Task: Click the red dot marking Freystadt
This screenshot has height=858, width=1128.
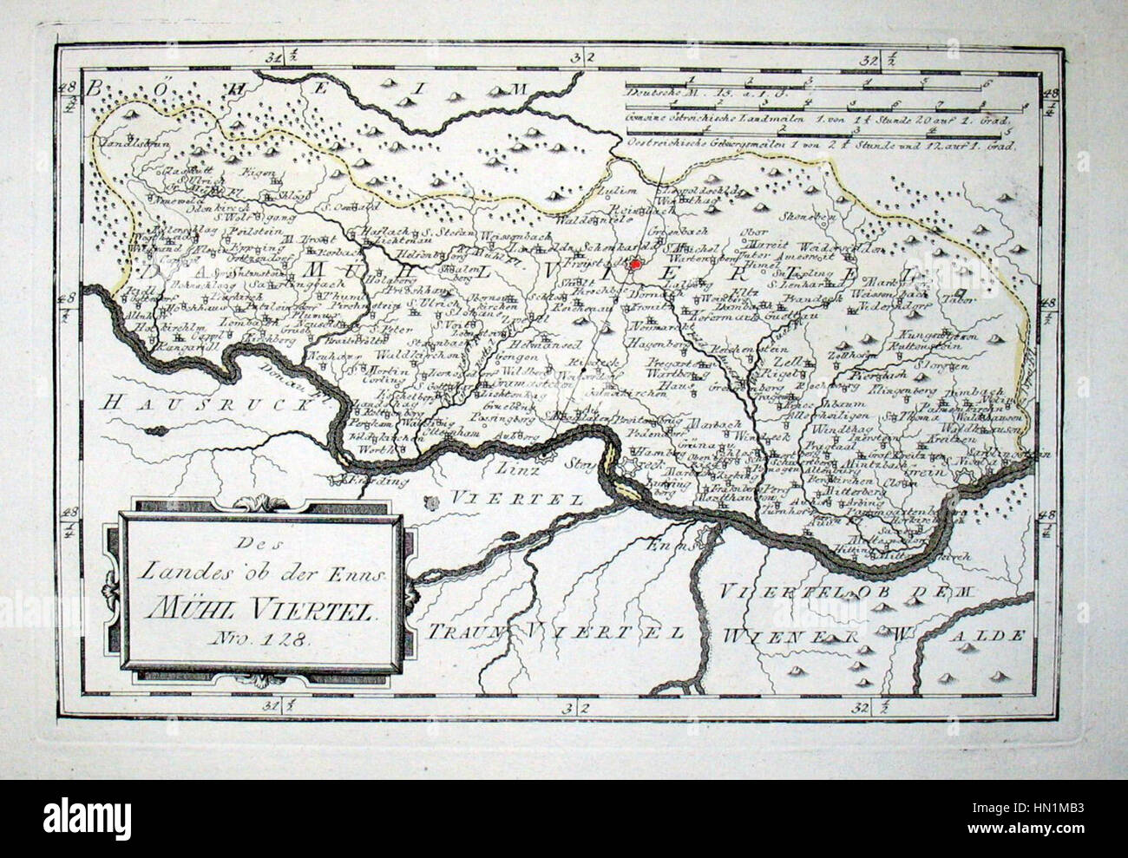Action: (x=636, y=264)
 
